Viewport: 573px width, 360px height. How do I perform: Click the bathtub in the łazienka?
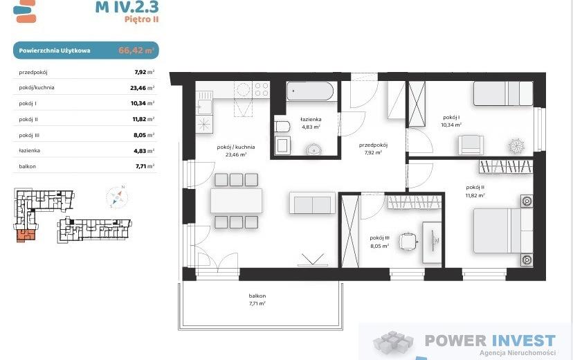coord(310,91)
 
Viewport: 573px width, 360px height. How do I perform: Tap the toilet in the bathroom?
coord(282,127)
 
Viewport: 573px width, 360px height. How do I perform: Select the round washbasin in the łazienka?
coord(313,149)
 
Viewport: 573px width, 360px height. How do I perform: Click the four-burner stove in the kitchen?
coord(262,89)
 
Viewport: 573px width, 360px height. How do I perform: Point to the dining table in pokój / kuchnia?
coord(237,201)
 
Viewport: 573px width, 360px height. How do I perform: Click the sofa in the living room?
coord(312,203)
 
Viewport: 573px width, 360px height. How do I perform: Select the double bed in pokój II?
coord(503,231)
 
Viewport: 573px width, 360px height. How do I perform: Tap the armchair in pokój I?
coord(471,145)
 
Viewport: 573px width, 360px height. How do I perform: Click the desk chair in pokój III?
coord(408,241)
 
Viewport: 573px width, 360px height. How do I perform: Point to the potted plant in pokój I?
coord(516,146)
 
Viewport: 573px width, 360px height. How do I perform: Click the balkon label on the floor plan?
coord(257,296)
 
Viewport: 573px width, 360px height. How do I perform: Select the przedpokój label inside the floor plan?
coord(373,145)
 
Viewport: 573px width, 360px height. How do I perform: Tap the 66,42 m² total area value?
coord(136,51)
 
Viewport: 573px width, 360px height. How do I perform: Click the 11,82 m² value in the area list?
coord(143,119)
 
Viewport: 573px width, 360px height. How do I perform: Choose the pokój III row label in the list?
coord(29,135)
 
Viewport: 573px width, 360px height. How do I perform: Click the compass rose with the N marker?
coord(116,197)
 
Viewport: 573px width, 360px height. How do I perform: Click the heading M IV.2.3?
coord(127,7)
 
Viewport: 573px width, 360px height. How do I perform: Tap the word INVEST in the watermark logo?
coord(523,341)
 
